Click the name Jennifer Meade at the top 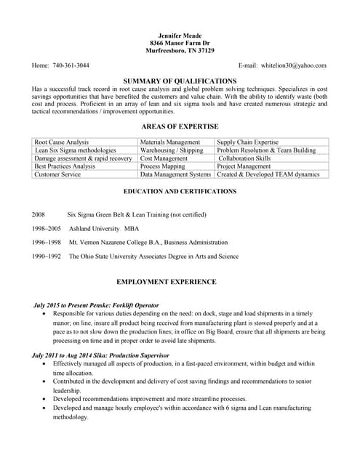tap(180, 35)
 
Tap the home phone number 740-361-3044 tap(71, 65)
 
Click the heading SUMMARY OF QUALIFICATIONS tap(180, 80)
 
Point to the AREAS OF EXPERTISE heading tap(180, 127)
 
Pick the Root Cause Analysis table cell tap(62, 142)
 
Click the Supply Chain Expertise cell tap(248, 142)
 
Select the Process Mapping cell tap(163, 166)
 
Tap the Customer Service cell tap(57, 174)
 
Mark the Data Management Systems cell tap(175, 174)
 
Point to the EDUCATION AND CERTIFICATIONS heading tap(180, 192)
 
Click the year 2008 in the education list tap(39, 215)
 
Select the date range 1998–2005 tap(47, 228)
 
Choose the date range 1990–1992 tap(47, 256)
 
